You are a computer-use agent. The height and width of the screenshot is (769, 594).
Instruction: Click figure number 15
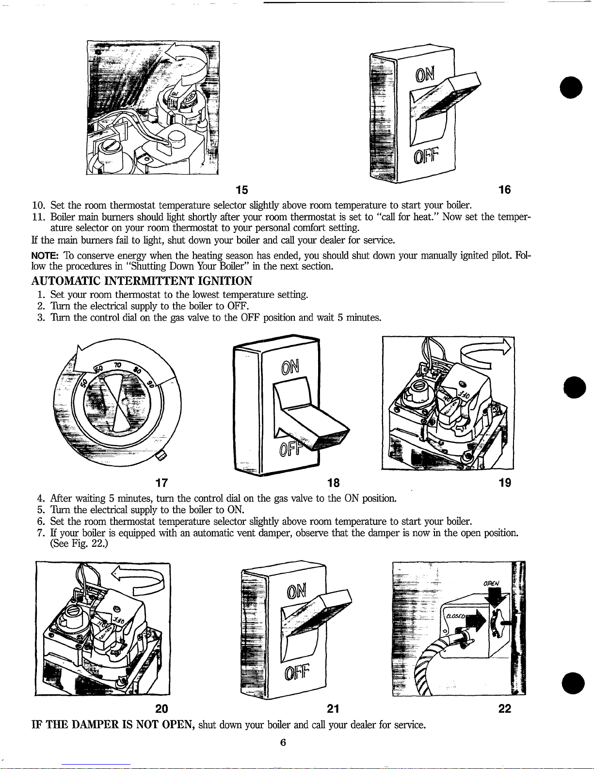click(x=241, y=189)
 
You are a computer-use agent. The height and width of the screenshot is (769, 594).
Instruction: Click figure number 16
click(x=505, y=189)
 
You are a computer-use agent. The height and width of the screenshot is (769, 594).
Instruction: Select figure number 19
click(x=505, y=482)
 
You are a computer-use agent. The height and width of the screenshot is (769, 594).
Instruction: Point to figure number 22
click(x=505, y=709)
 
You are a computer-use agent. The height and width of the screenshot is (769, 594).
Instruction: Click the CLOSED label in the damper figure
click(x=456, y=615)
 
